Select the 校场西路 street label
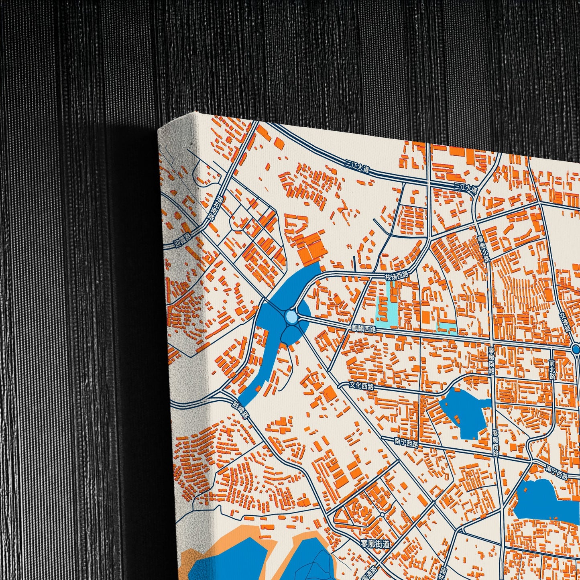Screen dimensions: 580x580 pos(396,276)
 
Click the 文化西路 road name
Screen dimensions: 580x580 pos(361,386)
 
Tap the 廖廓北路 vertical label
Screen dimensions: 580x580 pos(484,249)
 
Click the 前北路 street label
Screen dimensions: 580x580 pos(552,369)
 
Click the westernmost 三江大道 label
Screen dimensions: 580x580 pos(357,169)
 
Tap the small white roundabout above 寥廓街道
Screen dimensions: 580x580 pos(382,514)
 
